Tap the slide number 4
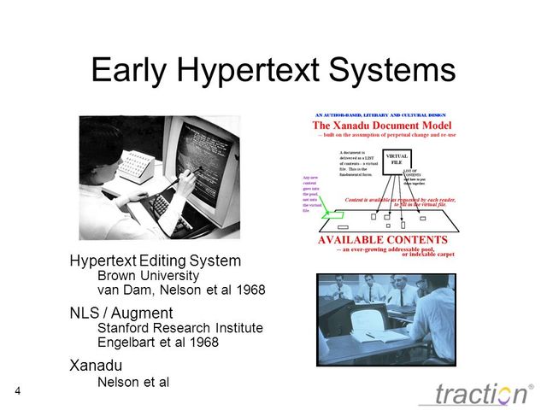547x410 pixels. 18,390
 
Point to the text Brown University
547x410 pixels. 148,276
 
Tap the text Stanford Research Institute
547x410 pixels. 180,328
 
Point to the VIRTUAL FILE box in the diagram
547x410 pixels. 397,160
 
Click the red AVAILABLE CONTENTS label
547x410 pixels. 382,240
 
